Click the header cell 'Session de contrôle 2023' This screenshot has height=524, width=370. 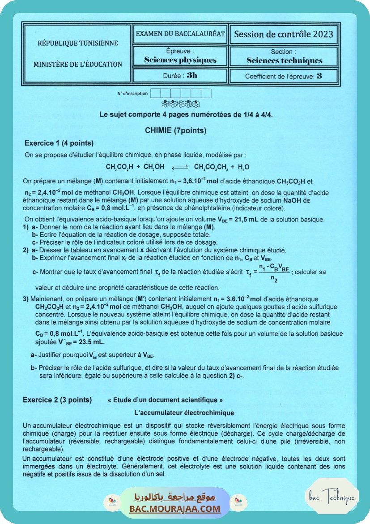pos(283,35)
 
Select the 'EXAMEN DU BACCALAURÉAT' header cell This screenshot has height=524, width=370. pos(180,34)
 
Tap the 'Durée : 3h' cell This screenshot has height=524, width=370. pos(180,76)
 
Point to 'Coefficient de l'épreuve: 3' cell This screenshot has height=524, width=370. pos(283,76)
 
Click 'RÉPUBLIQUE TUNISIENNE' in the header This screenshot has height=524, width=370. pos(78,43)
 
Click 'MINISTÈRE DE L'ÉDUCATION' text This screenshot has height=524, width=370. pos(78,64)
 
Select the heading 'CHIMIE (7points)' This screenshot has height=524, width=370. pos(175,130)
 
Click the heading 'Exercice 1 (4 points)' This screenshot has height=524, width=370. pos(59,143)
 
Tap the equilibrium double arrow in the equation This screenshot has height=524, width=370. pos(179,167)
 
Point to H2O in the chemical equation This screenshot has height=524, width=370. pos(244,167)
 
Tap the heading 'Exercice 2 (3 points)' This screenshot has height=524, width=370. pos(57,399)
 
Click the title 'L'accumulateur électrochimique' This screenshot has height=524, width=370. pos(184,412)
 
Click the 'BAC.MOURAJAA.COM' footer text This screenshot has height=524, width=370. pos(175,509)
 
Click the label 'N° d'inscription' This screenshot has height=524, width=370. pos(132,94)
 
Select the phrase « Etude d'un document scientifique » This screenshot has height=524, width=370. pos(165,400)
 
